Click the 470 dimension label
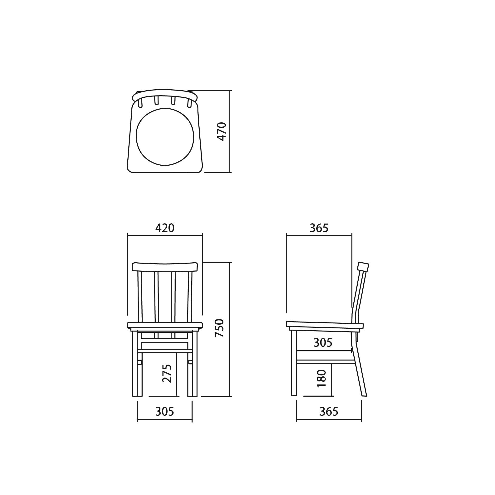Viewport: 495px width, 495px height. click(x=222, y=131)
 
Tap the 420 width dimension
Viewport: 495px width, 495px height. click(x=165, y=228)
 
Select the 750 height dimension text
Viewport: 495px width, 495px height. click(x=219, y=328)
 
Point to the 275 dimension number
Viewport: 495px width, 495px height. click(x=167, y=374)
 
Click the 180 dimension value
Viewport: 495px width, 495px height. click(x=322, y=378)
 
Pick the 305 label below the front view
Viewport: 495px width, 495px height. click(x=165, y=412)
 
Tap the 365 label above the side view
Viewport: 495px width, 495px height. click(x=319, y=228)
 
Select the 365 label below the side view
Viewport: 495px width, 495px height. click(x=329, y=412)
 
